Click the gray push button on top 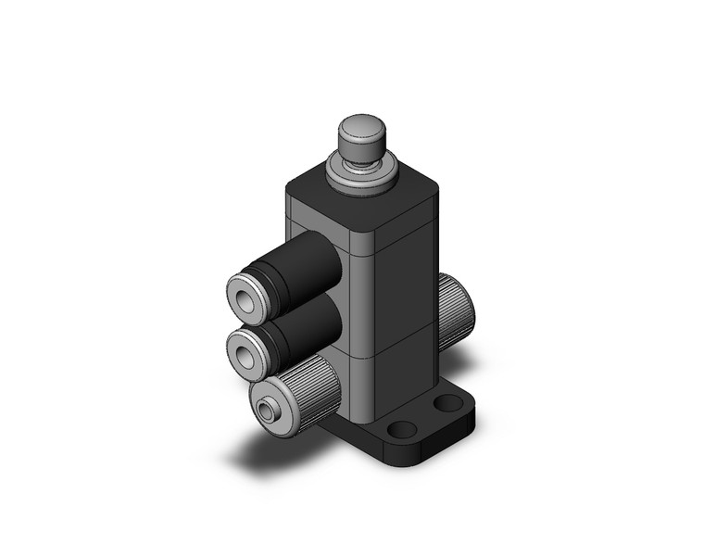(x=361, y=135)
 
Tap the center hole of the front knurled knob (x=268, y=409)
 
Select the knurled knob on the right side (x=456, y=311)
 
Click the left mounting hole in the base (x=401, y=430)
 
